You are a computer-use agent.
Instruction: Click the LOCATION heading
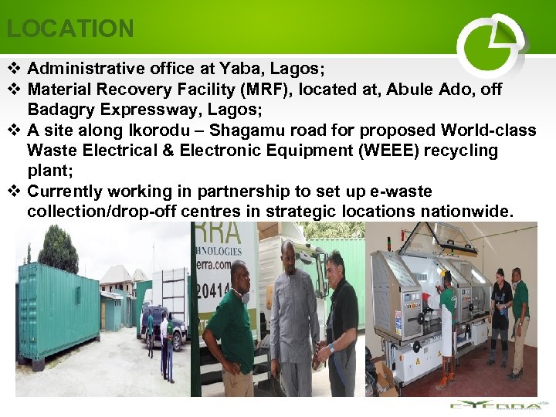coord(70,29)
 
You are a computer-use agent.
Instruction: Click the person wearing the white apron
coord(446,324)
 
